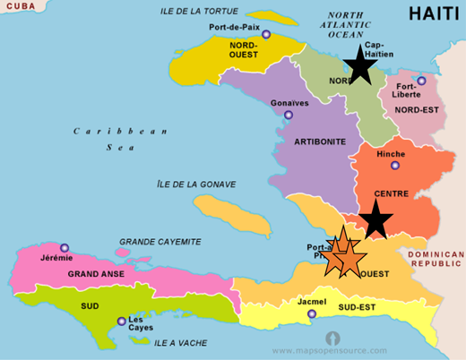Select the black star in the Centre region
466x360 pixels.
coord(375,219)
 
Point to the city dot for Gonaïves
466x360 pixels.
coord(288,115)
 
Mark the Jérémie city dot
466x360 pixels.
coord(64,248)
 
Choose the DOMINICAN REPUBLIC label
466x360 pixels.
coord(436,260)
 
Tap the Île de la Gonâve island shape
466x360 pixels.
coord(231,214)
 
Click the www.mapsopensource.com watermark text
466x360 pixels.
coord(330,350)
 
